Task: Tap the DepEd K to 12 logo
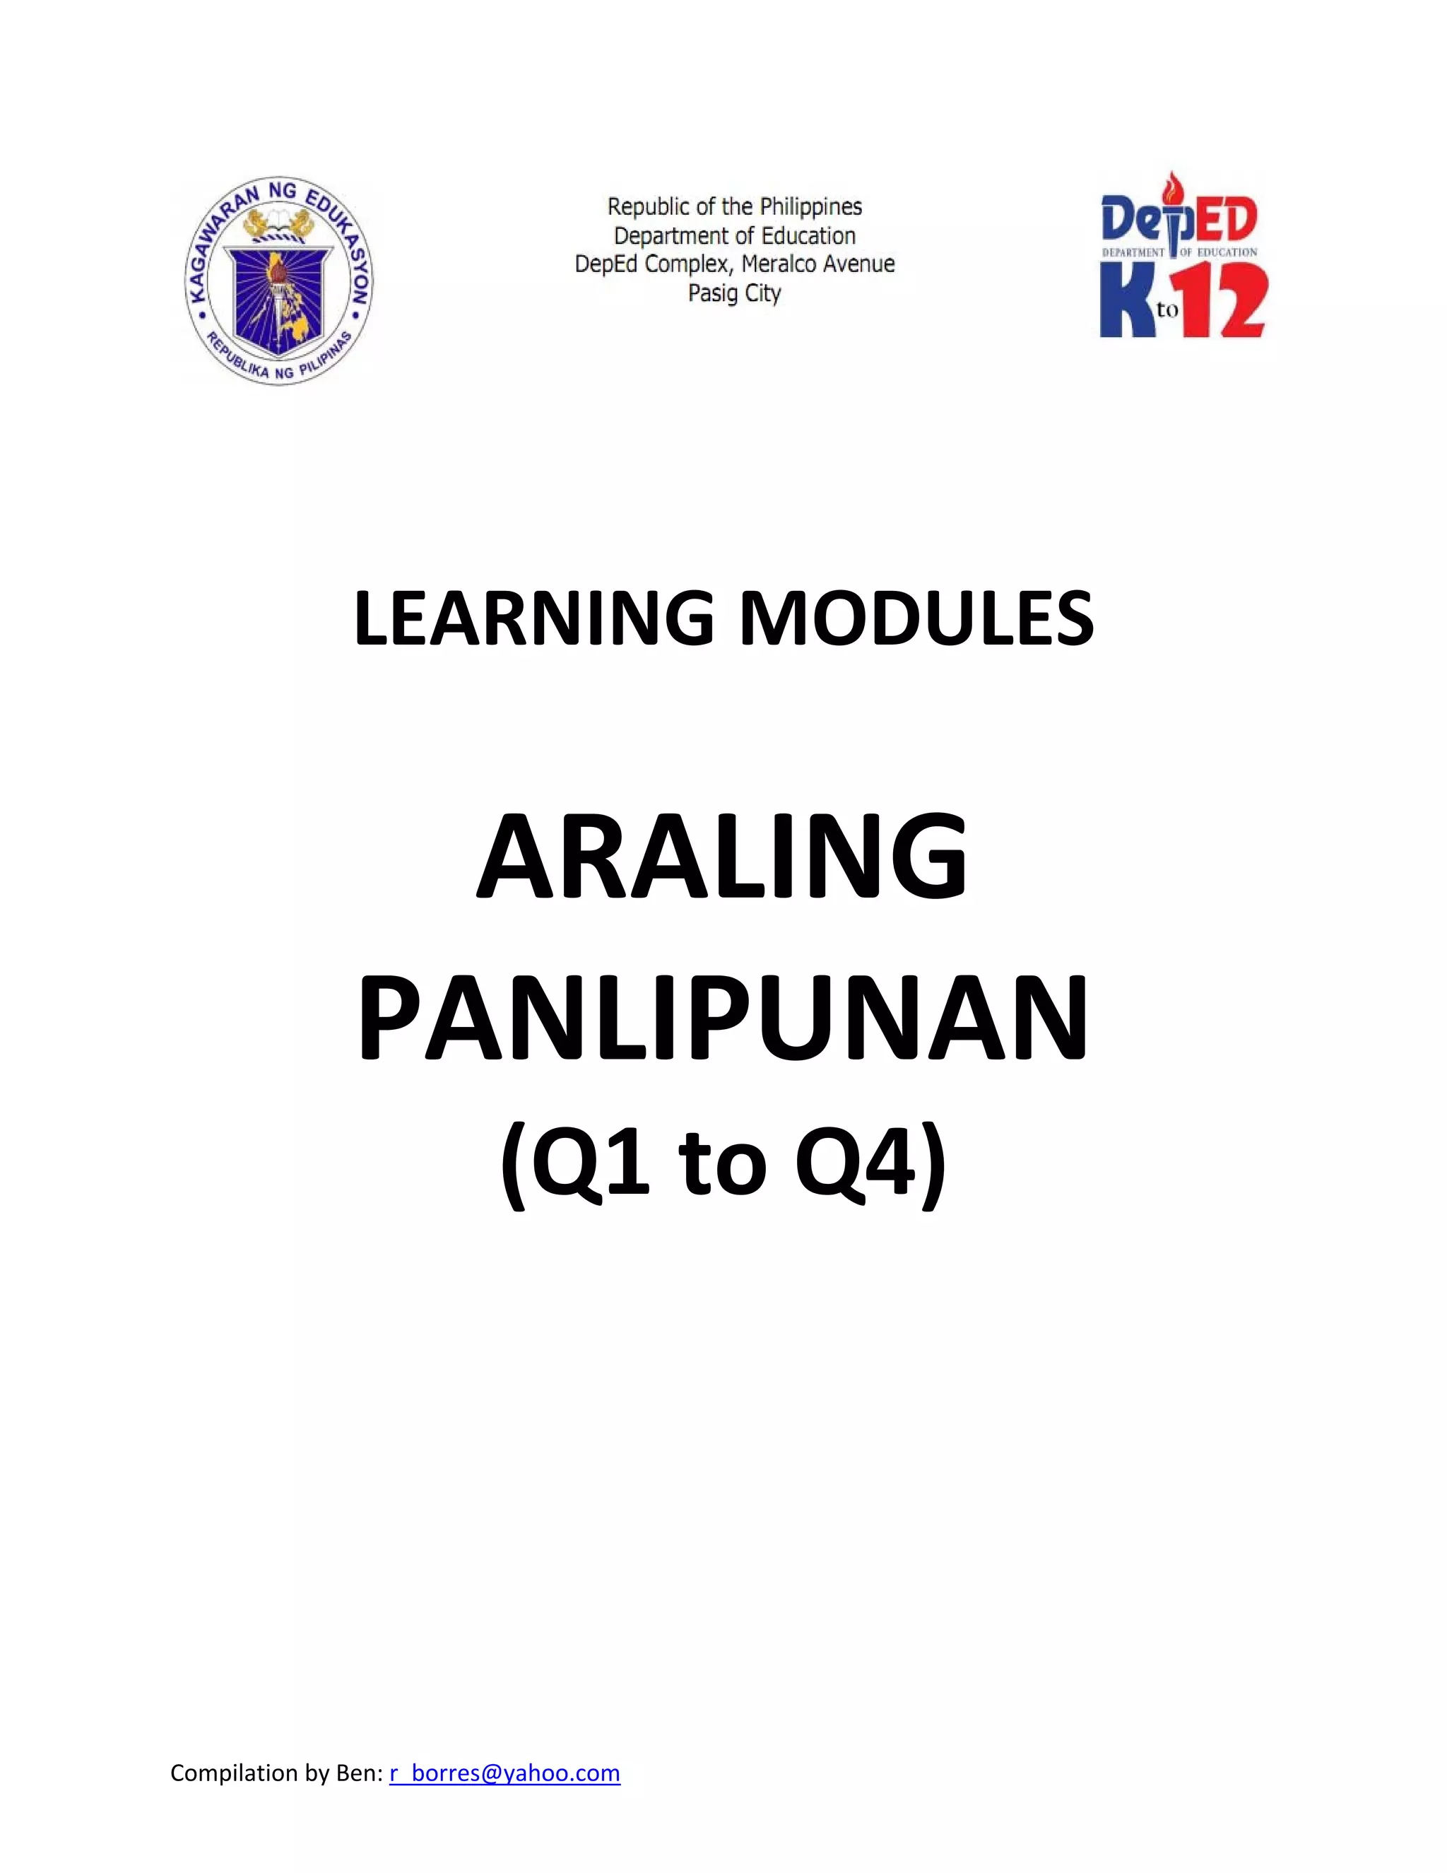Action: [1182, 258]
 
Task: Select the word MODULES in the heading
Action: [916, 619]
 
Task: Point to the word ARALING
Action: [722, 857]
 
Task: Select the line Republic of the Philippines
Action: [735, 206]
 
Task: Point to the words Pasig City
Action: [735, 293]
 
